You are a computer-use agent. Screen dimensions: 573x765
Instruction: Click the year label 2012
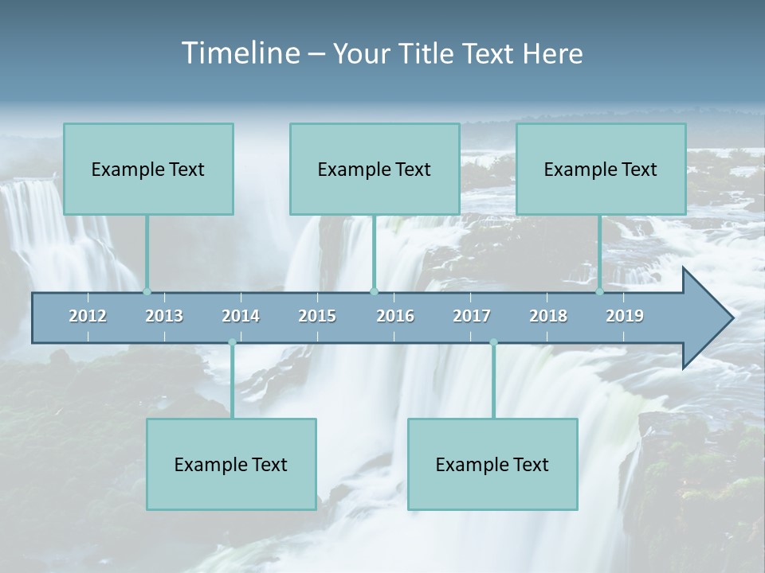click(x=88, y=316)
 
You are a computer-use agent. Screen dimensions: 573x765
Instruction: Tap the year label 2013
click(x=164, y=316)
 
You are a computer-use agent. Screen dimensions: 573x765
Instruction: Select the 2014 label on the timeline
click(x=241, y=316)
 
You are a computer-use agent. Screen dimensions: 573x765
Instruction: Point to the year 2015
click(x=317, y=316)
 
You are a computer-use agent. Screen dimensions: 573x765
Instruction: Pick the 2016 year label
click(x=395, y=316)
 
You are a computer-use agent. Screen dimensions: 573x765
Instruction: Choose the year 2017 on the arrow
click(x=472, y=316)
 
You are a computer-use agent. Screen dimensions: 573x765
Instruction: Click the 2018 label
click(x=548, y=316)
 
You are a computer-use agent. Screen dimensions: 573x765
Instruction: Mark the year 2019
click(x=625, y=316)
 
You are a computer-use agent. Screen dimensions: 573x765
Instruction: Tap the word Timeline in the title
click(x=239, y=53)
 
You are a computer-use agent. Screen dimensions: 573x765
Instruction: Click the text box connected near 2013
click(x=148, y=169)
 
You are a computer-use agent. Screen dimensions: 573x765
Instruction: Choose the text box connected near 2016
click(x=375, y=169)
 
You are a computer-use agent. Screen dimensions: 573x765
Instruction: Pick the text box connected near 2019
click(x=601, y=169)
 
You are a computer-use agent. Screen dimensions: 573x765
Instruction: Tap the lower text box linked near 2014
click(x=231, y=464)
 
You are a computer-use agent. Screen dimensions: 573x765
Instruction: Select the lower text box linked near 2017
click(x=492, y=464)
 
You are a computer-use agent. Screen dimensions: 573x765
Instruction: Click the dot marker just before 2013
click(x=147, y=292)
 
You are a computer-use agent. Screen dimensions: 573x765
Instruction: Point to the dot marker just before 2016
click(x=375, y=292)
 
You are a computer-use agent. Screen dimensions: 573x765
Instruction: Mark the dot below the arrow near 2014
click(x=232, y=343)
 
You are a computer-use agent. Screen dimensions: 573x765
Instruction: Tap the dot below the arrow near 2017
click(x=493, y=343)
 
